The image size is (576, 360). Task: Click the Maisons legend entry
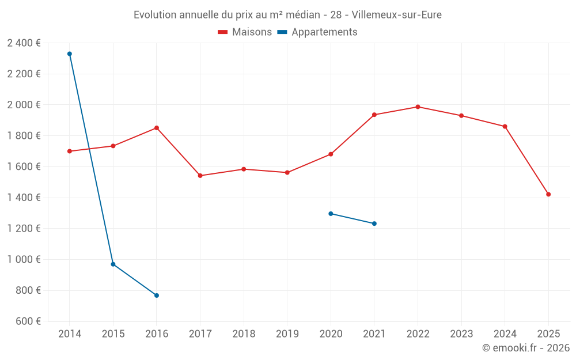[245, 32]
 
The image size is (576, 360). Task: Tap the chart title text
[287, 15]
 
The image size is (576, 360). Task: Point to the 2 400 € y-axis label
[24, 43]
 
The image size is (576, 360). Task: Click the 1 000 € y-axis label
[24, 259]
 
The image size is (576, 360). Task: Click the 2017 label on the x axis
[200, 334]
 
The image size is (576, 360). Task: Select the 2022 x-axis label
[418, 334]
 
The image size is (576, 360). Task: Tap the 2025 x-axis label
[548, 334]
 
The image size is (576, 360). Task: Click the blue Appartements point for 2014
[70, 54]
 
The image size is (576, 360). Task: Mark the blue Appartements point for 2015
[113, 264]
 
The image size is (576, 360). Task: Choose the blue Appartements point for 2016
[157, 295]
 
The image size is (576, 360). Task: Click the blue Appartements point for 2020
[331, 214]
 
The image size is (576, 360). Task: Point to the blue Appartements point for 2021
[374, 223]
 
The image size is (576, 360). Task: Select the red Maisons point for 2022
[418, 107]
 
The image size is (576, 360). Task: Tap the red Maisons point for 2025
[548, 194]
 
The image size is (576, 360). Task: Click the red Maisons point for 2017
[200, 176]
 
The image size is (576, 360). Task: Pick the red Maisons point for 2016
[157, 128]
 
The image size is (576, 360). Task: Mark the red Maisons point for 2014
[70, 151]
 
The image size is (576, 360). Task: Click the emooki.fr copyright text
[525, 348]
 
